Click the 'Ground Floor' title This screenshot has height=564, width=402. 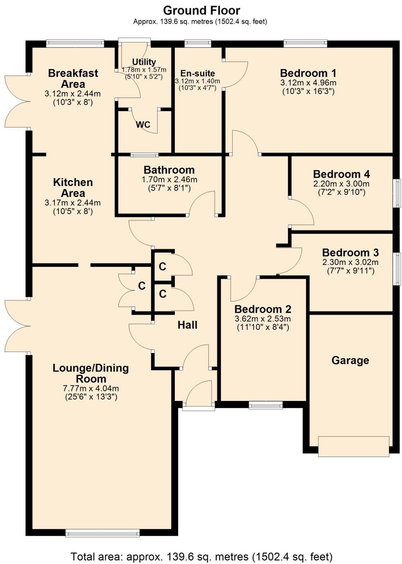click(201, 10)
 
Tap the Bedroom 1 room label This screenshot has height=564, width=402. click(308, 73)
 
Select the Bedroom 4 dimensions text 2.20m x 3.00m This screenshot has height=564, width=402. click(341, 184)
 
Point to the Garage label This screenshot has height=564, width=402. click(350, 360)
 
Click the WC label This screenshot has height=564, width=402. click(143, 125)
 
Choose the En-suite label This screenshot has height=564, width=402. click(198, 74)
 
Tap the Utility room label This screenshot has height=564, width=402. click(144, 62)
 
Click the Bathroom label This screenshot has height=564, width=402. click(169, 170)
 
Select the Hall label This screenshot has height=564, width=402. click(188, 325)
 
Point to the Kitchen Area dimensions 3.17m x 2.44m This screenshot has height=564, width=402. click(73, 203)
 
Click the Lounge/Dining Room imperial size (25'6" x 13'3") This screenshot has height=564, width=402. click(91, 396)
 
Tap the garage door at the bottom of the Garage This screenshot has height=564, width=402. click(353, 446)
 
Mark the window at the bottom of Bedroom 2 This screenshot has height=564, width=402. click(266, 405)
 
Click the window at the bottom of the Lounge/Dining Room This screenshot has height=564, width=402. click(103, 533)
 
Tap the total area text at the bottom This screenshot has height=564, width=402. click(201, 556)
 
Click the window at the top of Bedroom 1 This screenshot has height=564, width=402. click(305, 43)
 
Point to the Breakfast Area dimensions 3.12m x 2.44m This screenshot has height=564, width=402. click(73, 94)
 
